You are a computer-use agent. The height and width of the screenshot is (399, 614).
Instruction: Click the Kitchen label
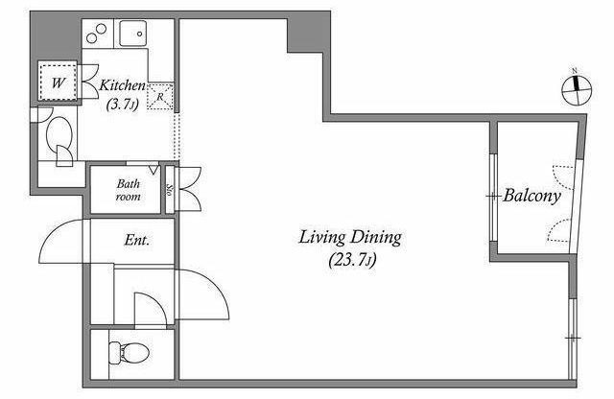[x=122, y=85]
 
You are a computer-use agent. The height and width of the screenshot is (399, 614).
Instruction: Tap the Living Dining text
[x=350, y=238]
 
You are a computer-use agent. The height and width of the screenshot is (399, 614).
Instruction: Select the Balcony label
[x=531, y=196]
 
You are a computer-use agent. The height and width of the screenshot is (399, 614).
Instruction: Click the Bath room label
[x=128, y=190]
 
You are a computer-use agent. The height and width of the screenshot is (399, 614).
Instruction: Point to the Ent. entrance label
[x=136, y=240]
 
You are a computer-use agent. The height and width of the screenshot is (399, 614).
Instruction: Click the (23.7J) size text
[x=352, y=260]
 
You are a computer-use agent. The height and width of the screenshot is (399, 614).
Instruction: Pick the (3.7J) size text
[x=123, y=105]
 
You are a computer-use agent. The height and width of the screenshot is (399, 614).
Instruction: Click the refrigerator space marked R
[x=160, y=96]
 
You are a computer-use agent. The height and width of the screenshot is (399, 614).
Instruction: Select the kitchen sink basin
[x=132, y=34]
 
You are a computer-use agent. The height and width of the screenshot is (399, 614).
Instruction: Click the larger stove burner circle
[x=101, y=29]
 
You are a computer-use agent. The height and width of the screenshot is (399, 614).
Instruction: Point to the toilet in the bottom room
[x=129, y=353]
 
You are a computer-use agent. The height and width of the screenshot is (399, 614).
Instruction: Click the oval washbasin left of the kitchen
[x=59, y=134]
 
